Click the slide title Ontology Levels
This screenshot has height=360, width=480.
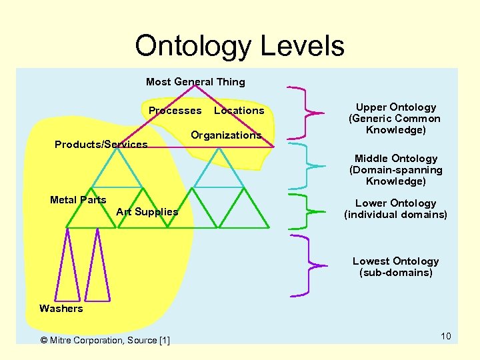pos(239,46)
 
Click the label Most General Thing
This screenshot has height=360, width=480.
pos(195,82)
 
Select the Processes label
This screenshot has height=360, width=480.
pos(175,111)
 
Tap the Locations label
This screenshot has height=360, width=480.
pos(239,111)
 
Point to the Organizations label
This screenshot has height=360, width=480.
pos(226,135)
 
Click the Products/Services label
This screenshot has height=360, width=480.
pos(101,145)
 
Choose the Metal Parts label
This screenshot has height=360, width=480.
pos(78,200)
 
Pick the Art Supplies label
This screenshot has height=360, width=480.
pos(147,212)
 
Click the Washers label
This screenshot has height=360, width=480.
pos(61,309)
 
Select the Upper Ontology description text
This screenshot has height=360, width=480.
pos(395,119)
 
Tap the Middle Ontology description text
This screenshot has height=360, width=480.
pos(395,170)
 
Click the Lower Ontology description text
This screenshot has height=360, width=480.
pos(395,209)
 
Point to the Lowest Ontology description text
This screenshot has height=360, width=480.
pos(395,267)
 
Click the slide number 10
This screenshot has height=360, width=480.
pos(445,336)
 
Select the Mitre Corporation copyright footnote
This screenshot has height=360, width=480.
pos(105,341)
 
